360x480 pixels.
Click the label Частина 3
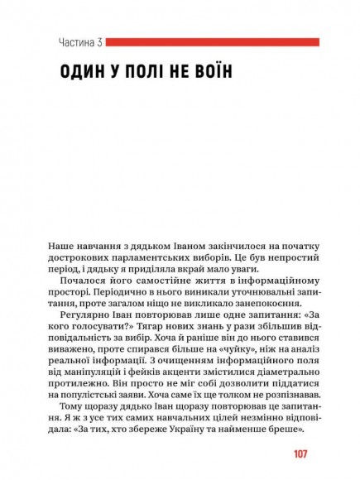tap(80, 42)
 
